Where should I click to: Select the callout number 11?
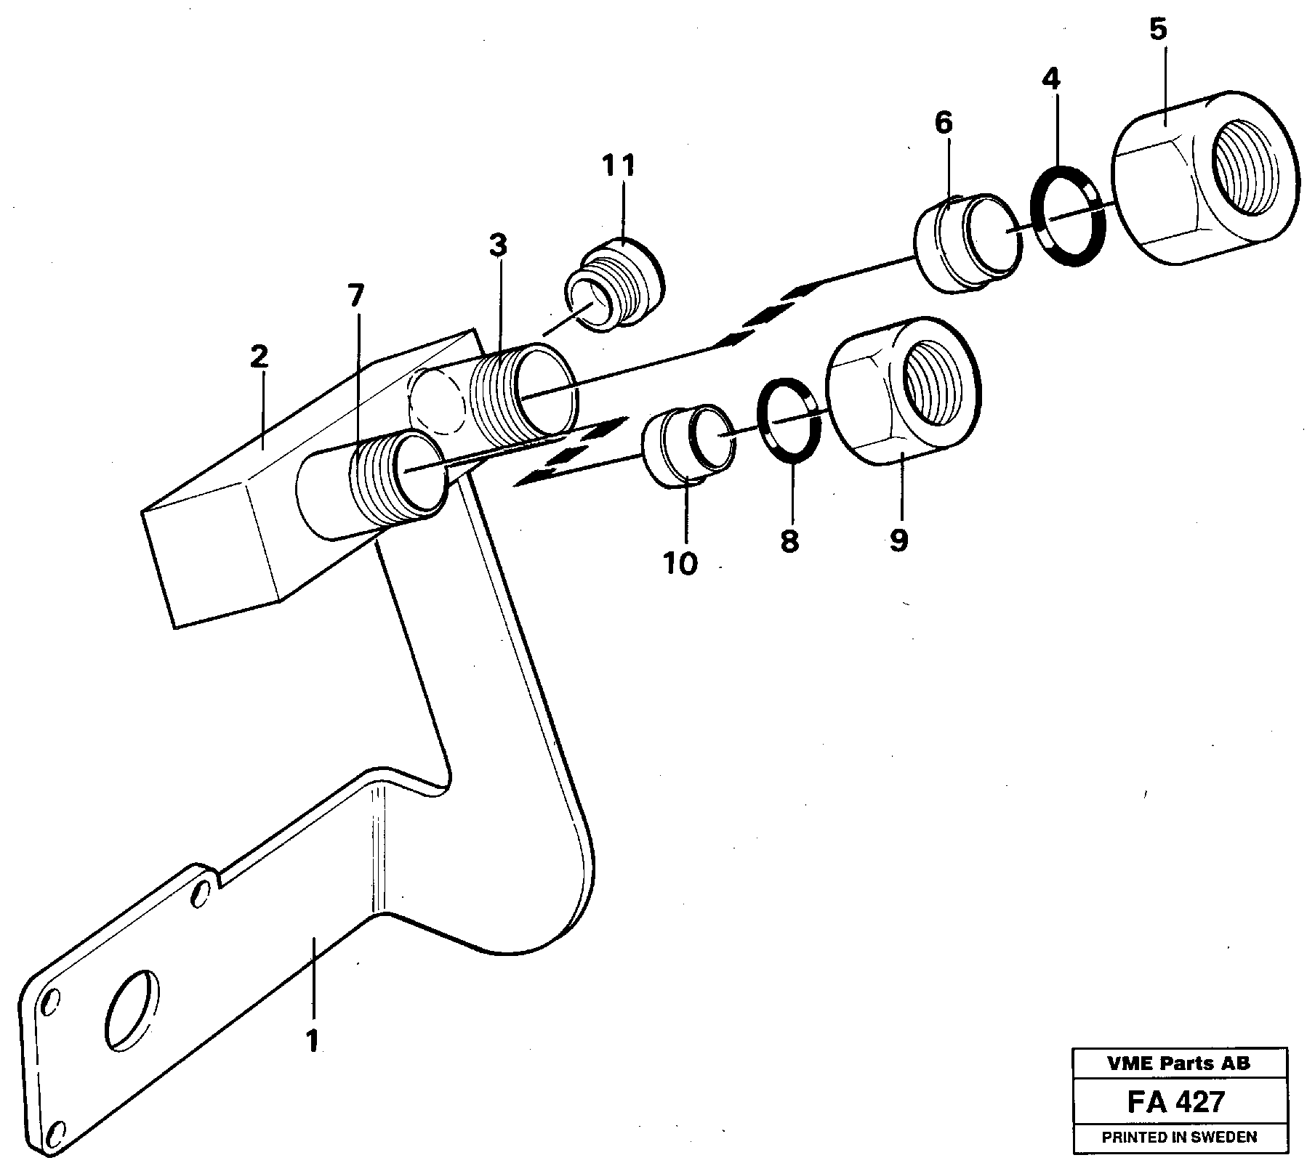click(619, 166)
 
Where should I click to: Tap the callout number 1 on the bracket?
click(312, 1042)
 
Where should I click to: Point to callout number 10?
click(680, 563)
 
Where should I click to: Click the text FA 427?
click(1175, 1102)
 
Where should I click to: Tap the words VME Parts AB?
click(1178, 1063)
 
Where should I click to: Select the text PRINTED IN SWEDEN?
click(1178, 1137)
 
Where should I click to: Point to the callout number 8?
click(789, 541)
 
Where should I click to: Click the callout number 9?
click(898, 540)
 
